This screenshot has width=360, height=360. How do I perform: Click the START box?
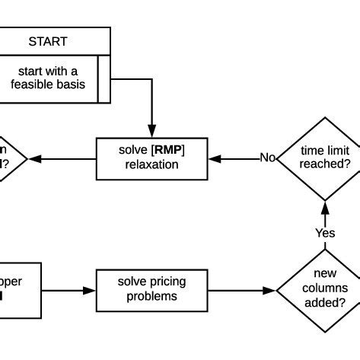[x=47, y=41]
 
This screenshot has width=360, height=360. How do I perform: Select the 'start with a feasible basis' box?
[x=47, y=78]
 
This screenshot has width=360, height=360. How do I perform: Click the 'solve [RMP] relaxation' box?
[x=151, y=159]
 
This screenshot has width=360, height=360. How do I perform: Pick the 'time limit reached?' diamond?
[x=325, y=158]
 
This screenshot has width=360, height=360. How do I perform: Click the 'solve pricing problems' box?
[x=151, y=289]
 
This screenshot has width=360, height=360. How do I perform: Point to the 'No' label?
[x=267, y=158]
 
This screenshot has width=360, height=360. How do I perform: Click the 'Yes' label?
[x=325, y=233]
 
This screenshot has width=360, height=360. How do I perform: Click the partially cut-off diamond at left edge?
[x=10, y=158]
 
